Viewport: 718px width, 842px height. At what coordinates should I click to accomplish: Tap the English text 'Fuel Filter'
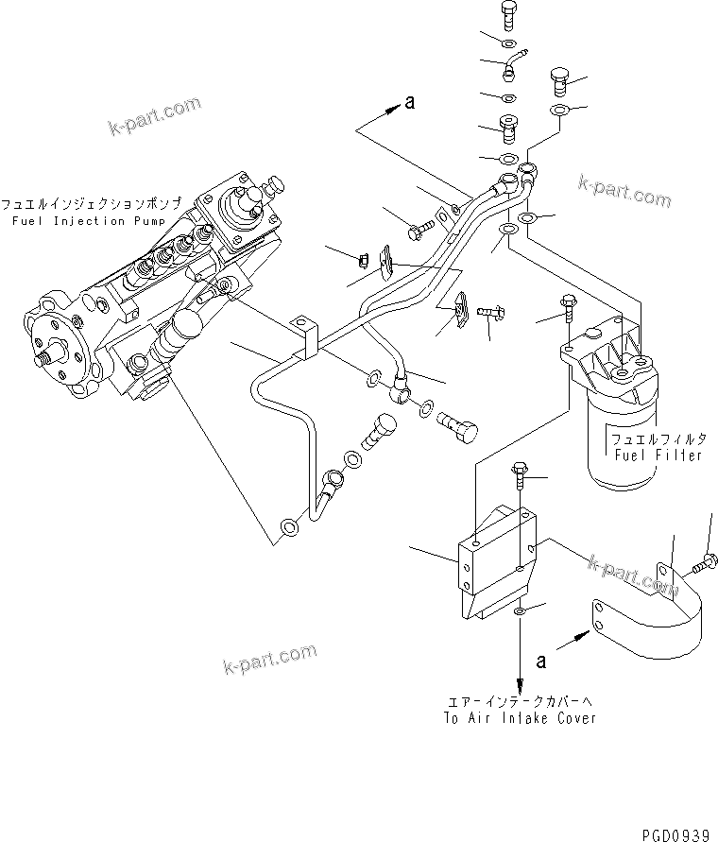point(658,455)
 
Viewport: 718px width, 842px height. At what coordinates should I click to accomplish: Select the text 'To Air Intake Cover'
point(520,718)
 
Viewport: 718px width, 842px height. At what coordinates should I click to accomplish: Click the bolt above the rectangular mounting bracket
point(521,477)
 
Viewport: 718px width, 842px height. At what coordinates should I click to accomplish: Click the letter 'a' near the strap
point(540,662)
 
